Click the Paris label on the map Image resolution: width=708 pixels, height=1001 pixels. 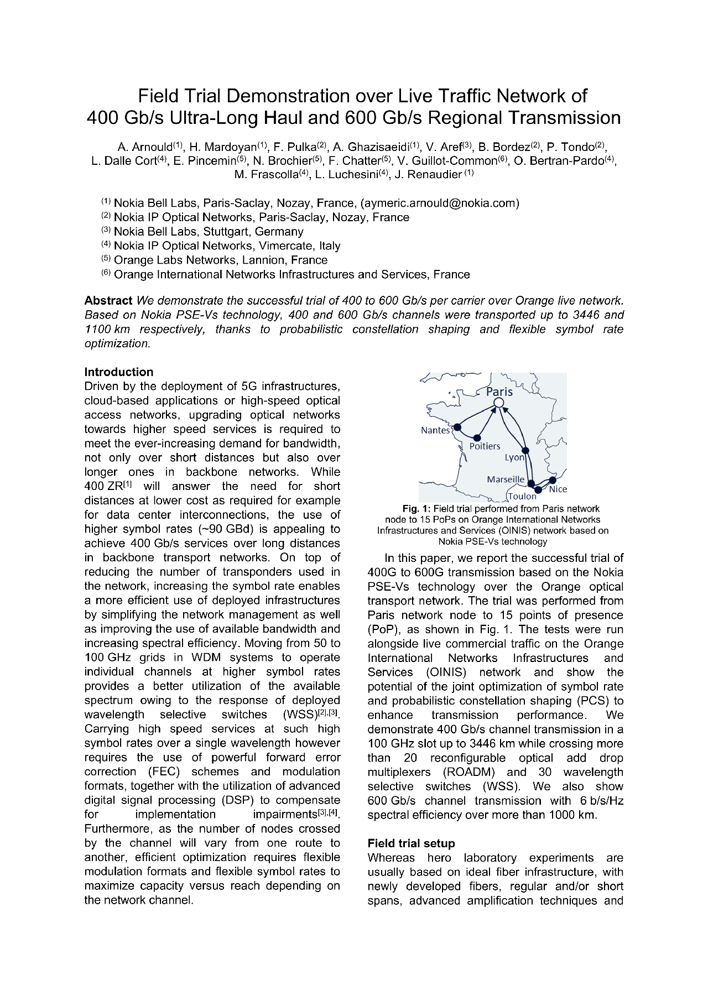[x=499, y=392]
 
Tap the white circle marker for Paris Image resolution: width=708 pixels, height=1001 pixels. [x=498, y=403]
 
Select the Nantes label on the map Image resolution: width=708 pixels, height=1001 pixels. [x=435, y=430]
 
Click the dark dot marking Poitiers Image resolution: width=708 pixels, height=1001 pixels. [x=477, y=437]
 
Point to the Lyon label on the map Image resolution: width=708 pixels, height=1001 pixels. [x=514, y=457]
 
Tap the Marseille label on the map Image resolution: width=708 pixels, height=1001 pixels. [x=505, y=479]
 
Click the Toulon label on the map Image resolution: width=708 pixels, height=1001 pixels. [x=522, y=496]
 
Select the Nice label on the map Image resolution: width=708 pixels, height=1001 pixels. [x=558, y=489]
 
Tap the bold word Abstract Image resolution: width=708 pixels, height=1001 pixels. [x=108, y=301]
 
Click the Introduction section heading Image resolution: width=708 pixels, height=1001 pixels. [x=118, y=372]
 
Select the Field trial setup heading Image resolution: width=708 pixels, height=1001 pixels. [x=411, y=843]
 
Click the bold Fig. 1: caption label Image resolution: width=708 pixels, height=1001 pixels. [x=416, y=508]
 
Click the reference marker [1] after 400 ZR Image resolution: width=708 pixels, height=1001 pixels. [x=127, y=484]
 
